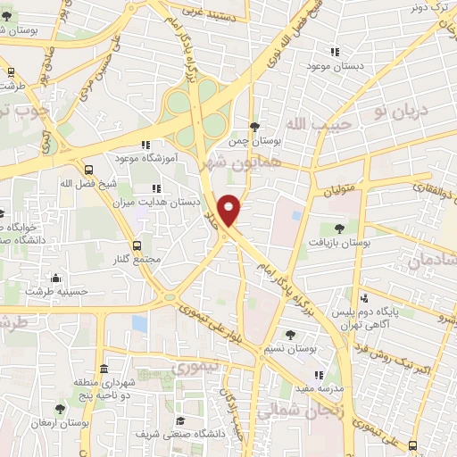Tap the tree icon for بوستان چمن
(254, 127)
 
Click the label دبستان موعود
(331, 67)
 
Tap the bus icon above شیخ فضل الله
(87, 170)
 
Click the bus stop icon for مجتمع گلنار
(137, 245)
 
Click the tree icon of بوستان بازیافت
(338, 228)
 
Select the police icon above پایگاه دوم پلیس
(363, 299)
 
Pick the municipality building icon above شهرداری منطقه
(104, 370)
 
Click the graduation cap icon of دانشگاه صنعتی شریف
(179, 420)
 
